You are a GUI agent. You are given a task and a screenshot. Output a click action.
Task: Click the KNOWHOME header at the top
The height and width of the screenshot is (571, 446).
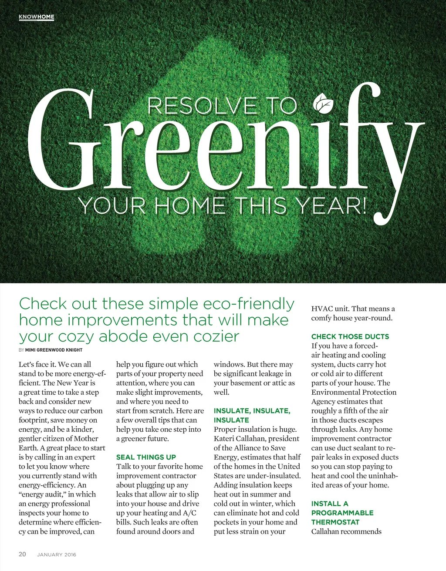37,17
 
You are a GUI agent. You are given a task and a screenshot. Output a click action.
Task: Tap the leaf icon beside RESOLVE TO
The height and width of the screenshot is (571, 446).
323,104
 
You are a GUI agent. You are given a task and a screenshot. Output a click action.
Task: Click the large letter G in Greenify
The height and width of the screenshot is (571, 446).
63,141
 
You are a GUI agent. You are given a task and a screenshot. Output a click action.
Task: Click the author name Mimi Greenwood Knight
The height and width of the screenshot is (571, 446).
54,350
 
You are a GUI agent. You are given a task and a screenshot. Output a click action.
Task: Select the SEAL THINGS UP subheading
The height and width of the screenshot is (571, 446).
146,457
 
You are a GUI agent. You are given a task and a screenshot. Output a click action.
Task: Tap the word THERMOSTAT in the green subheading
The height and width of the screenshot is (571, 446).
335,522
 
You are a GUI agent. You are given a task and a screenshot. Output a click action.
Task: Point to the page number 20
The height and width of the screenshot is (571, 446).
22,554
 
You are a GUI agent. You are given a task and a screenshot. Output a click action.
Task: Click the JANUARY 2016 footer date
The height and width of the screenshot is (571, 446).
57,554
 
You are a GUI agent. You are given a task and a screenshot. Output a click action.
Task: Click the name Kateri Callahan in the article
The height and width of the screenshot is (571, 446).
239,439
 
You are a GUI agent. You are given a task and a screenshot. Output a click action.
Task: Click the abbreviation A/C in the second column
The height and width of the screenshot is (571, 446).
189,513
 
